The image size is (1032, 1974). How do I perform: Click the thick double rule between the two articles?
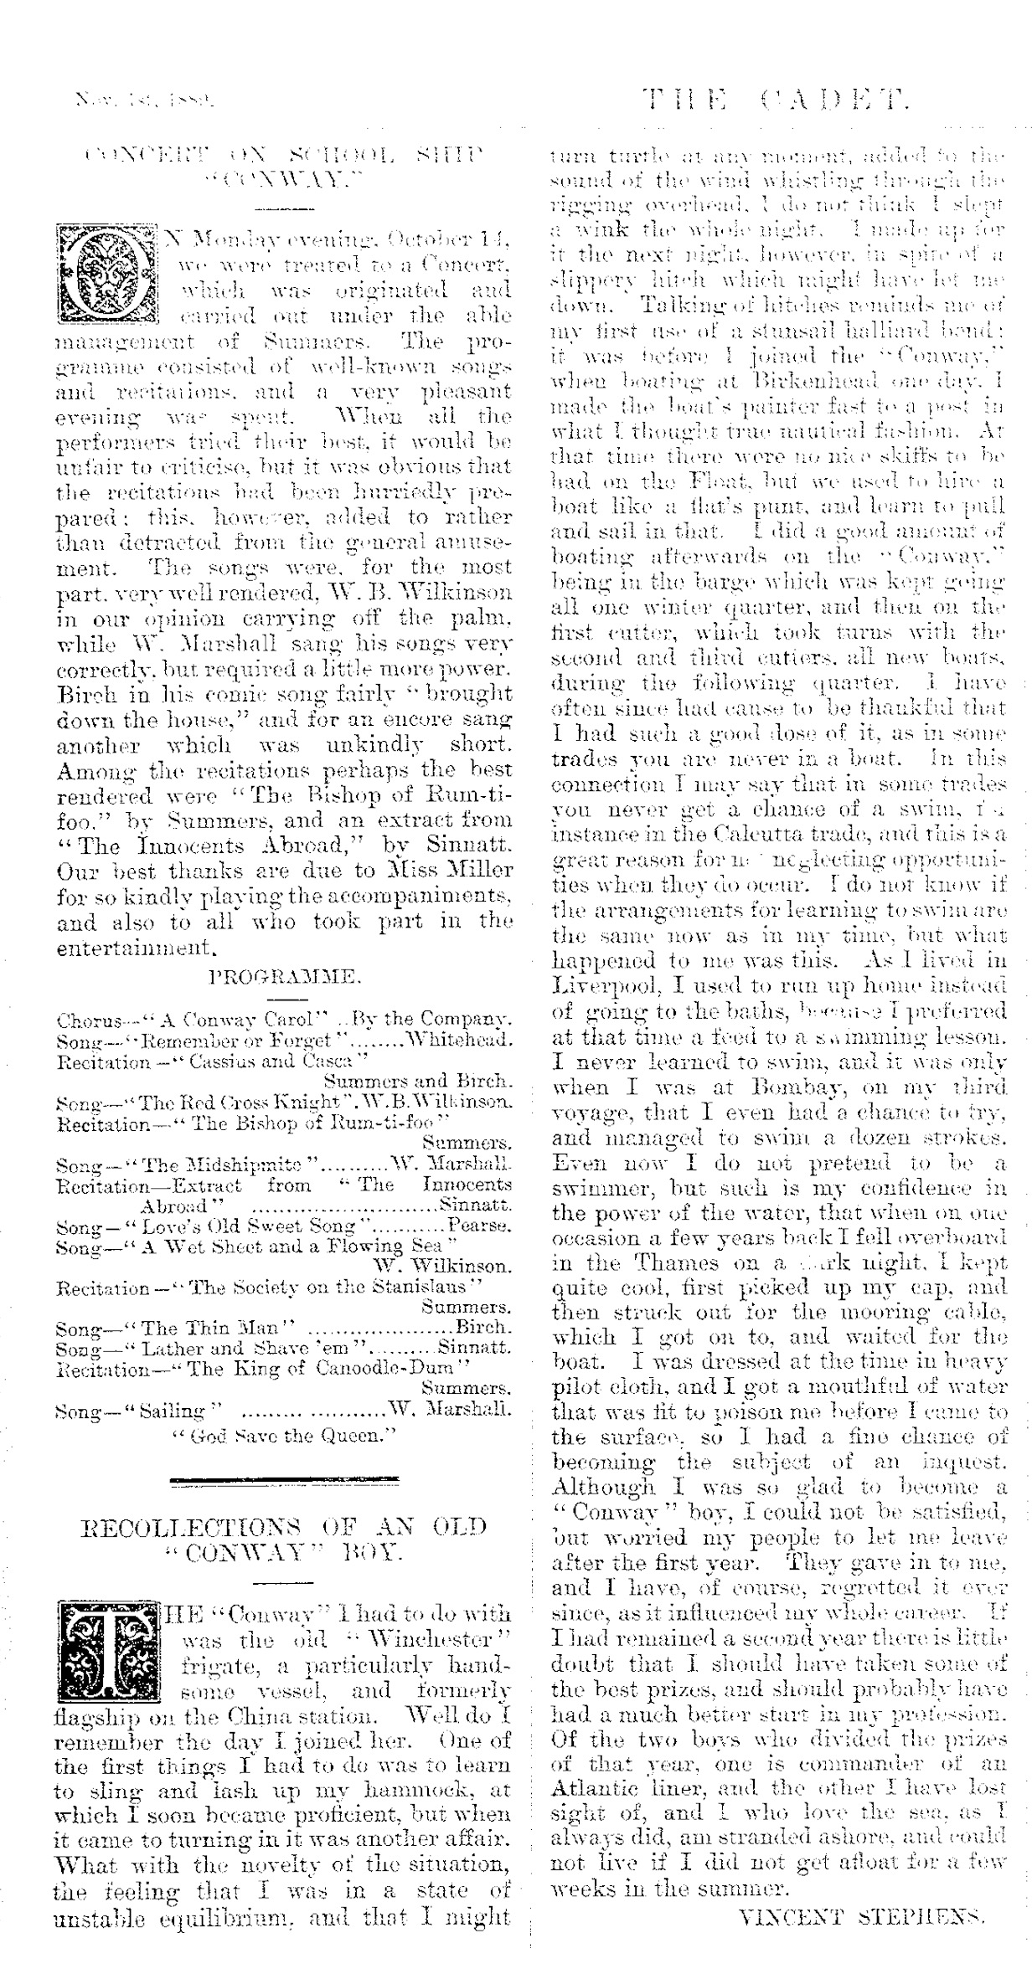pos(283,1484)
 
